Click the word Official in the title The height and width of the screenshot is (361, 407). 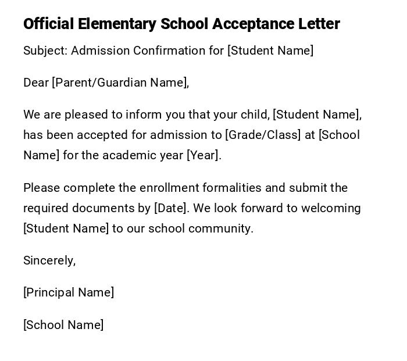[48, 24]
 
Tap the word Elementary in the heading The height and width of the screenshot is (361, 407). [117, 24]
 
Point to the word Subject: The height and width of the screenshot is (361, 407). [45, 51]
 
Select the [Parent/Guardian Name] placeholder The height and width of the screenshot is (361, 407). [120, 83]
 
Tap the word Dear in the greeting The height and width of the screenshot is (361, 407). [36, 83]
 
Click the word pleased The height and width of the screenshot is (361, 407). [86, 115]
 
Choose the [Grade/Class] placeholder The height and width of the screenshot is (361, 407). [263, 135]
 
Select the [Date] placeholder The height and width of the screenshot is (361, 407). [171, 208]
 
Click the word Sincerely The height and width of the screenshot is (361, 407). [49, 260]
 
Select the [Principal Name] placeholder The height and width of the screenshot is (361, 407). [69, 292]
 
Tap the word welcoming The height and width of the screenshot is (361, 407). [328, 208]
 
